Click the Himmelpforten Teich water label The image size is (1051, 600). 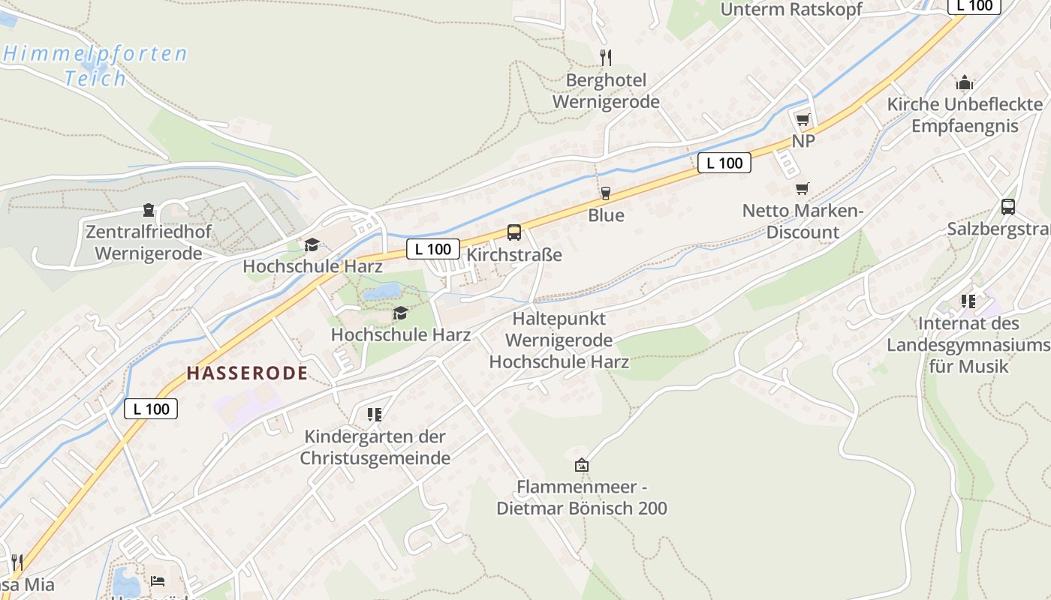coord(95,65)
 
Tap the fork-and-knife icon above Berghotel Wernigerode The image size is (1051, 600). coord(606,57)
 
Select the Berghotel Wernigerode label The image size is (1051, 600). coord(606,91)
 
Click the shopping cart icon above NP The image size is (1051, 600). coord(803,119)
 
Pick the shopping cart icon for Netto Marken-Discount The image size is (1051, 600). coord(803,188)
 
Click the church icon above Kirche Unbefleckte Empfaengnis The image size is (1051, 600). coord(965,82)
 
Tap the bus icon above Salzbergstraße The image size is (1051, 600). coord(1008,207)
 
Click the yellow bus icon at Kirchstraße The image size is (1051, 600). coord(514,232)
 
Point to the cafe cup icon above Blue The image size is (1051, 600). coord(606,193)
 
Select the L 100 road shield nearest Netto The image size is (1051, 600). coord(724,163)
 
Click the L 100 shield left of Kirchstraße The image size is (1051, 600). coord(433,249)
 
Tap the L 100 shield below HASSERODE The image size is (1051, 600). coord(151,409)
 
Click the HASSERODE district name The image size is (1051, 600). coord(247,373)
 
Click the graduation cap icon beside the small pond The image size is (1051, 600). coord(401,313)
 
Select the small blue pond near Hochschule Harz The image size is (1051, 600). coord(382,292)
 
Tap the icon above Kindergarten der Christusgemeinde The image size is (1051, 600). coord(375,414)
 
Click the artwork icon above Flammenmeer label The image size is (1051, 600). coord(581,465)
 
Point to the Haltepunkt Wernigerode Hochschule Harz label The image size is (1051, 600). coord(559,340)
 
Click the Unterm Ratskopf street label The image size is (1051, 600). coord(791,9)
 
